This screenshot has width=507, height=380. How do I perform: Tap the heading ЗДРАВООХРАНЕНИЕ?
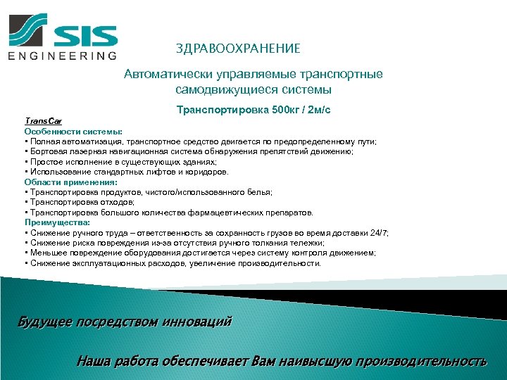click(238, 49)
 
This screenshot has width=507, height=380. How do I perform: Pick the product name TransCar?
click(39, 121)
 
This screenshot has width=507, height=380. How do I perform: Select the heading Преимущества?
click(54, 222)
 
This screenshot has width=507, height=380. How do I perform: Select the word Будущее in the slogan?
click(43, 322)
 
